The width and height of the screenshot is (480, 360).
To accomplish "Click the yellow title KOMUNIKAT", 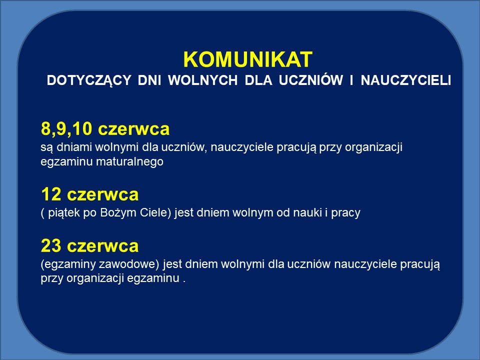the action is [247, 59].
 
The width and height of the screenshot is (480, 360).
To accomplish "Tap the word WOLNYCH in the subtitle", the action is [203, 80].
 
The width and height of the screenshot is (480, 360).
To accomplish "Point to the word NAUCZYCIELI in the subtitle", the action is [406, 80].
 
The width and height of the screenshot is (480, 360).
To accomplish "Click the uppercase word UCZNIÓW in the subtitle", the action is [310, 79].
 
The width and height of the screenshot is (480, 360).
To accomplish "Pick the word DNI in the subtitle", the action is [149, 80].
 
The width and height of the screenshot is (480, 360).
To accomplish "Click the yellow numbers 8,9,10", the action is [66, 129].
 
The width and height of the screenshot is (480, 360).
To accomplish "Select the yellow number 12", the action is [51, 194].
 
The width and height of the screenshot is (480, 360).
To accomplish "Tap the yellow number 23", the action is [51, 246].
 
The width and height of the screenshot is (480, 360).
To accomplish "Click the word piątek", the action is [64, 213].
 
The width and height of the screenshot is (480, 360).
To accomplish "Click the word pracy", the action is [345, 213].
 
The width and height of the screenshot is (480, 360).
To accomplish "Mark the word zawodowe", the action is [129, 264].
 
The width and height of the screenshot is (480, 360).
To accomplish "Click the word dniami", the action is [74, 147].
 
